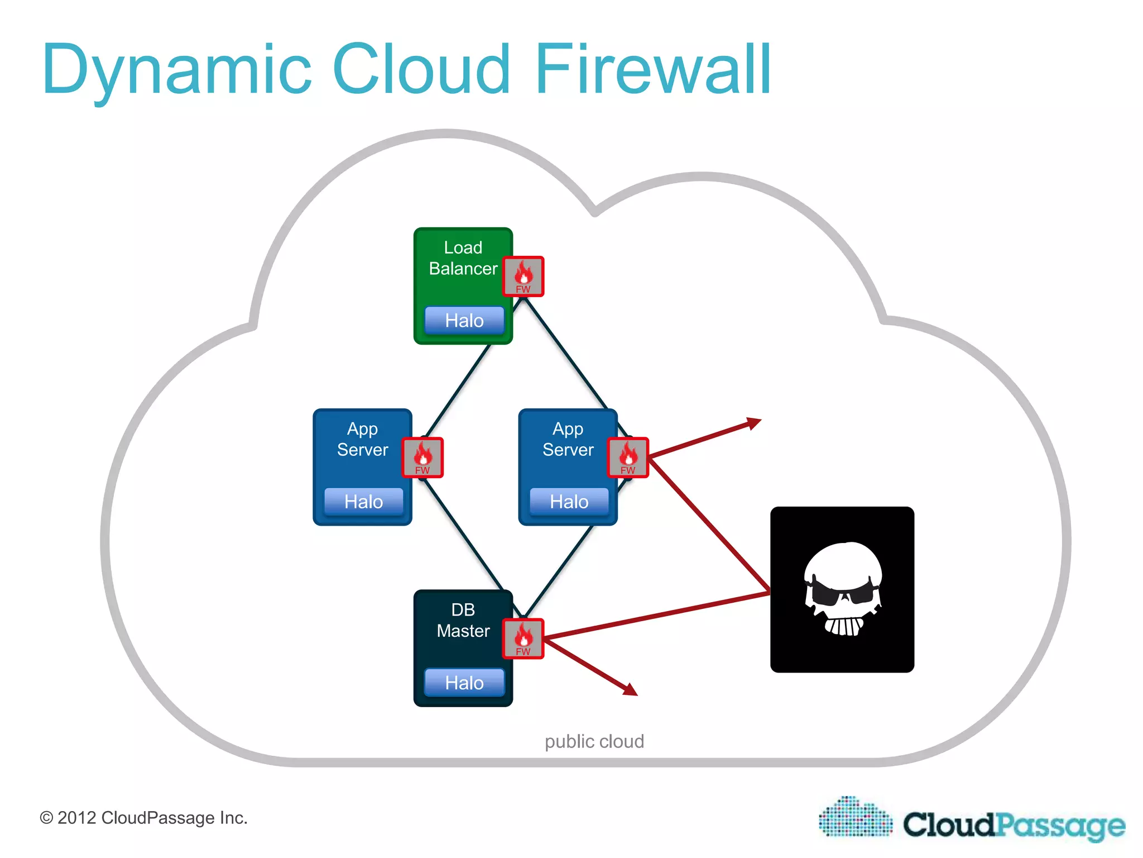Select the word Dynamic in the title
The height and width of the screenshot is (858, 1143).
coord(176,70)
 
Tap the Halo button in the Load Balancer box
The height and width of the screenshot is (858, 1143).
coord(464,320)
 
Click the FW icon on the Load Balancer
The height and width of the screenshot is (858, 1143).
coord(523,276)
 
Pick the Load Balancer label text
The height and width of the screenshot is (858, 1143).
coord(463,258)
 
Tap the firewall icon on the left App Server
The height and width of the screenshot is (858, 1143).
coord(422,457)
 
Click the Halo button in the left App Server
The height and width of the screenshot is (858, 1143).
coord(363,501)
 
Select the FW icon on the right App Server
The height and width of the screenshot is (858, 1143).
coord(628,457)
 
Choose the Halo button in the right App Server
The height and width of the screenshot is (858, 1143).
coord(569,501)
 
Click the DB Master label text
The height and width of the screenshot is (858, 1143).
coord(463,620)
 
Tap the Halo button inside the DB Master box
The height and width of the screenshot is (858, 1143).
coord(464,682)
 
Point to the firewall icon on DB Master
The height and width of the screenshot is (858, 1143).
coord(523,638)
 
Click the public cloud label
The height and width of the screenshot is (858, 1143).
coord(594,741)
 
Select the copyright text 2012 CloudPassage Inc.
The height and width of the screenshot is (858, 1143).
coord(143,818)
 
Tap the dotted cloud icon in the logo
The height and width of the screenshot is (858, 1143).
coord(855,817)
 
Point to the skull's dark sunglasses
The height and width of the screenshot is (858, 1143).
coord(843,592)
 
